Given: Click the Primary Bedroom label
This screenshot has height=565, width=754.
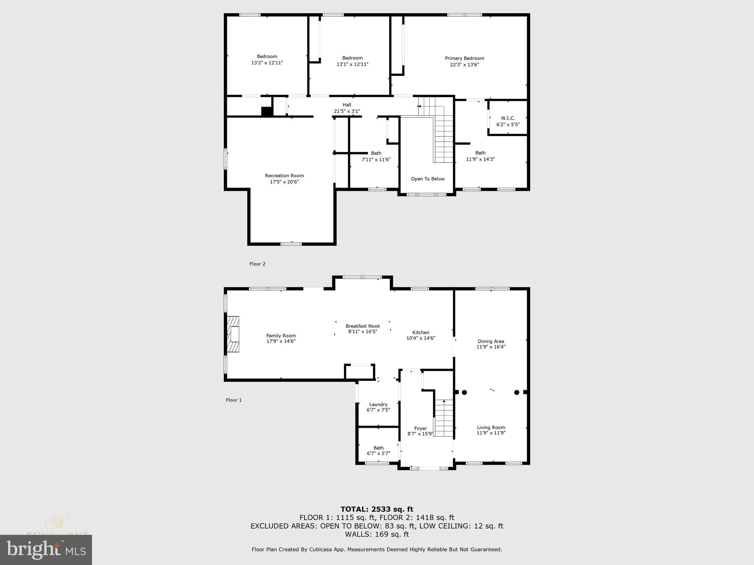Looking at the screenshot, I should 464,58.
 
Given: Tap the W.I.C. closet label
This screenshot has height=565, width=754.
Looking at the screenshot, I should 508,118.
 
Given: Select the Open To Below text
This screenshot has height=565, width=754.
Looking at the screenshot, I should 427,179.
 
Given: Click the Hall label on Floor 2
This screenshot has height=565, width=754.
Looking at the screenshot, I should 347,105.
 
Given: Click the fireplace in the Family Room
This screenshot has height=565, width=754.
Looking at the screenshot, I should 233,334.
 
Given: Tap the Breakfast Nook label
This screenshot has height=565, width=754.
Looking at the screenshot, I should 363,326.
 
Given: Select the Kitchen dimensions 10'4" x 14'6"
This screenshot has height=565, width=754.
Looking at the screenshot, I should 420,338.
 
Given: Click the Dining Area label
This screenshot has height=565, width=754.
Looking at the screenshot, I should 491,341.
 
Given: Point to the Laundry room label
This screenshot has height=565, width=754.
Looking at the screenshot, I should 378,404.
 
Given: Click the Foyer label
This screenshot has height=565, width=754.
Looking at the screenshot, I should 420,428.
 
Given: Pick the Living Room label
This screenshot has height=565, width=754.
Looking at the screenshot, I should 491,427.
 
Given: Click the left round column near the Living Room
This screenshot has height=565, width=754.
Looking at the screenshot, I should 464,392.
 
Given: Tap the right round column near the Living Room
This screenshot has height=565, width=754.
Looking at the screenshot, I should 517,392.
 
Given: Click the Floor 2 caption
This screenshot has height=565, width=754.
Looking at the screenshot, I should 257,264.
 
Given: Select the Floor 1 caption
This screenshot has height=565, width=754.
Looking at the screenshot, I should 234,400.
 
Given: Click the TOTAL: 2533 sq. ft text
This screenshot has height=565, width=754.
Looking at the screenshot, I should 377,509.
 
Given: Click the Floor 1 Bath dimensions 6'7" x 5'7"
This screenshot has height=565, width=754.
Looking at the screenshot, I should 378,454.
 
